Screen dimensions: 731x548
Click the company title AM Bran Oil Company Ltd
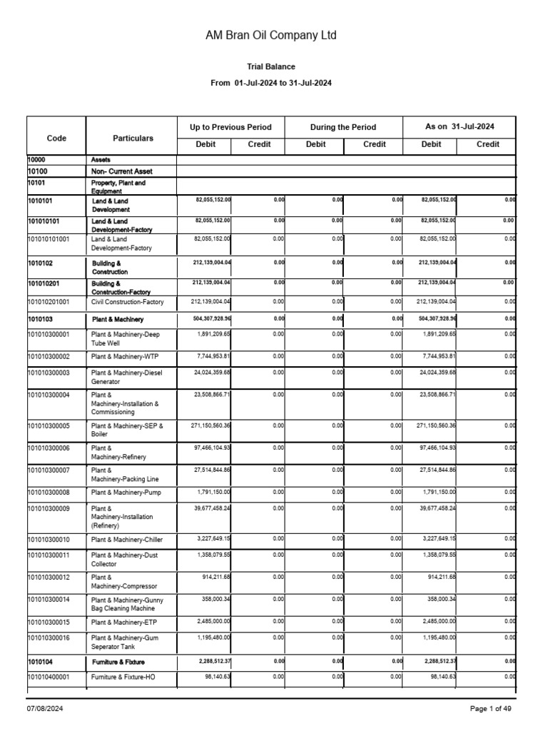[270, 35]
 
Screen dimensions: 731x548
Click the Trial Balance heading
[270, 66]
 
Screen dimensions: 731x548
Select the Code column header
[56, 138]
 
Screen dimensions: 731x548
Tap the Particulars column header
[133, 138]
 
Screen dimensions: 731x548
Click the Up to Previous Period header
[230, 127]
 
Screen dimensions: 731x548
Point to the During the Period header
[343, 127]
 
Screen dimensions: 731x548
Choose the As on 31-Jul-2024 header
[460, 126]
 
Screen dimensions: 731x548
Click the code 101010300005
[49, 426]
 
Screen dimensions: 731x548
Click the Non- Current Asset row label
[121, 171]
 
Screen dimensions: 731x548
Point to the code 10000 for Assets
[37, 159]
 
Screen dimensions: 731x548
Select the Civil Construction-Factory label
[128, 302]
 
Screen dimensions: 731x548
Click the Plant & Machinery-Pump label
[126, 493]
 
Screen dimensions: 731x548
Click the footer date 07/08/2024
[46, 708]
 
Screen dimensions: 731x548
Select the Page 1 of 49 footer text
[491, 708]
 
